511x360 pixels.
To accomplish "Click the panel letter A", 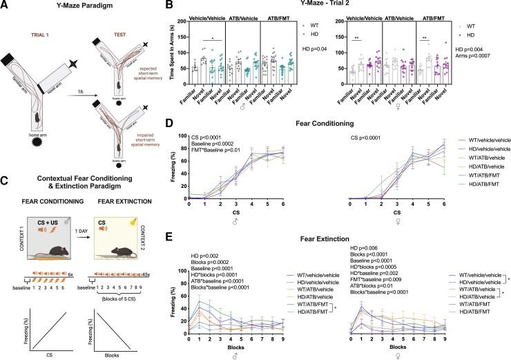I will point(5,6).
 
